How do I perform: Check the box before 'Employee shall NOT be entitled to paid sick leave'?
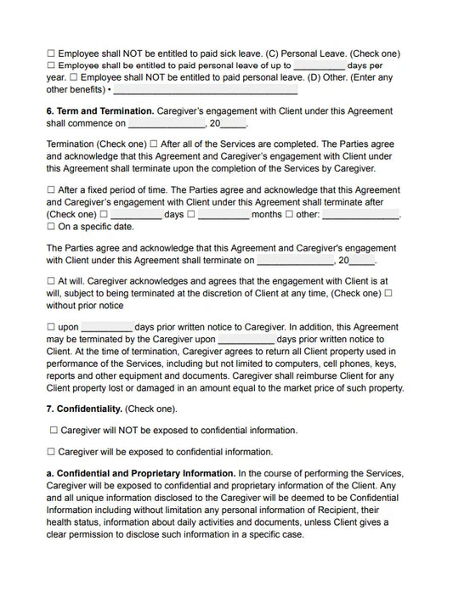[x=51, y=54]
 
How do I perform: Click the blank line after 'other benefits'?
[x=205, y=89]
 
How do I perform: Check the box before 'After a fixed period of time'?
[x=51, y=191]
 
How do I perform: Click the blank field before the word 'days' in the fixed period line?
[x=135, y=215]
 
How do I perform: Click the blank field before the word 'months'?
[x=223, y=215]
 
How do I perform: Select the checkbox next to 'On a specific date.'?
[x=51, y=227]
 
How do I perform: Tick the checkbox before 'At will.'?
[x=51, y=281]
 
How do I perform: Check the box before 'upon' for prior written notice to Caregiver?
[x=51, y=327]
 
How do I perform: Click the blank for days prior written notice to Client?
[x=246, y=339]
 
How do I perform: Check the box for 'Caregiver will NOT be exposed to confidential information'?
[x=54, y=431]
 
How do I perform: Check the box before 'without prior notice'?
[x=388, y=293]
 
